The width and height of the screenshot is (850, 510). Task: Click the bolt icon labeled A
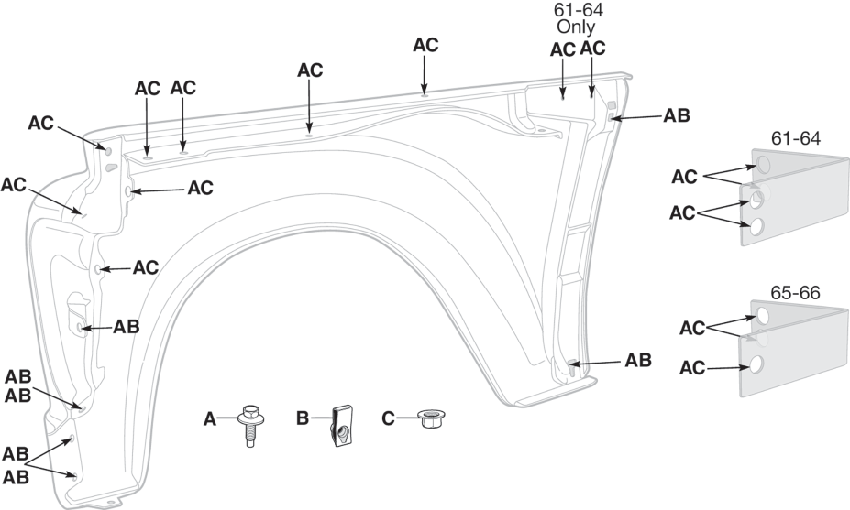(x=249, y=426)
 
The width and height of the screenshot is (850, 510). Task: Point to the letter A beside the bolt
(x=210, y=419)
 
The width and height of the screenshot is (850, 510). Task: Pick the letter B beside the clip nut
(x=303, y=419)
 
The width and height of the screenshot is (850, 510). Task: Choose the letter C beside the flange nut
(x=388, y=419)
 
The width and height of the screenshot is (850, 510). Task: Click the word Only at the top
(x=576, y=27)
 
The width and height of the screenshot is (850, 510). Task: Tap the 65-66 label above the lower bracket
(x=795, y=293)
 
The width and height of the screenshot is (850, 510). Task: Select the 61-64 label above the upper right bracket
(x=795, y=138)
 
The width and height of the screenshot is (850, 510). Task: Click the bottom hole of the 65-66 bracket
(x=756, y=365)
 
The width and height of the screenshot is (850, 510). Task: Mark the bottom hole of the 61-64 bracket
(x=756, y=226)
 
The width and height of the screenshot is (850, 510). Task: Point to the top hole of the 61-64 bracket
(x=763, y=165)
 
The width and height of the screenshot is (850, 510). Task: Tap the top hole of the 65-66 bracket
(x=763, y=317)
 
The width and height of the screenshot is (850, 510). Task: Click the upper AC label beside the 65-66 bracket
(x=694, y=328)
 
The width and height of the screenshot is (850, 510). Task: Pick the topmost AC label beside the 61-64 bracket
(x=686, y=176)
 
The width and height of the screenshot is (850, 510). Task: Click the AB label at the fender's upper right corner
(x=677, y=116)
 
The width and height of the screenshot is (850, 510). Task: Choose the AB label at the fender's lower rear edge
(x=638, y=360)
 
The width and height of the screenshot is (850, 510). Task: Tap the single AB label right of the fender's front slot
(x=127, y=327)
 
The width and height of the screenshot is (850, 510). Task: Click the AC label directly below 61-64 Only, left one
(x=563, y=49)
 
